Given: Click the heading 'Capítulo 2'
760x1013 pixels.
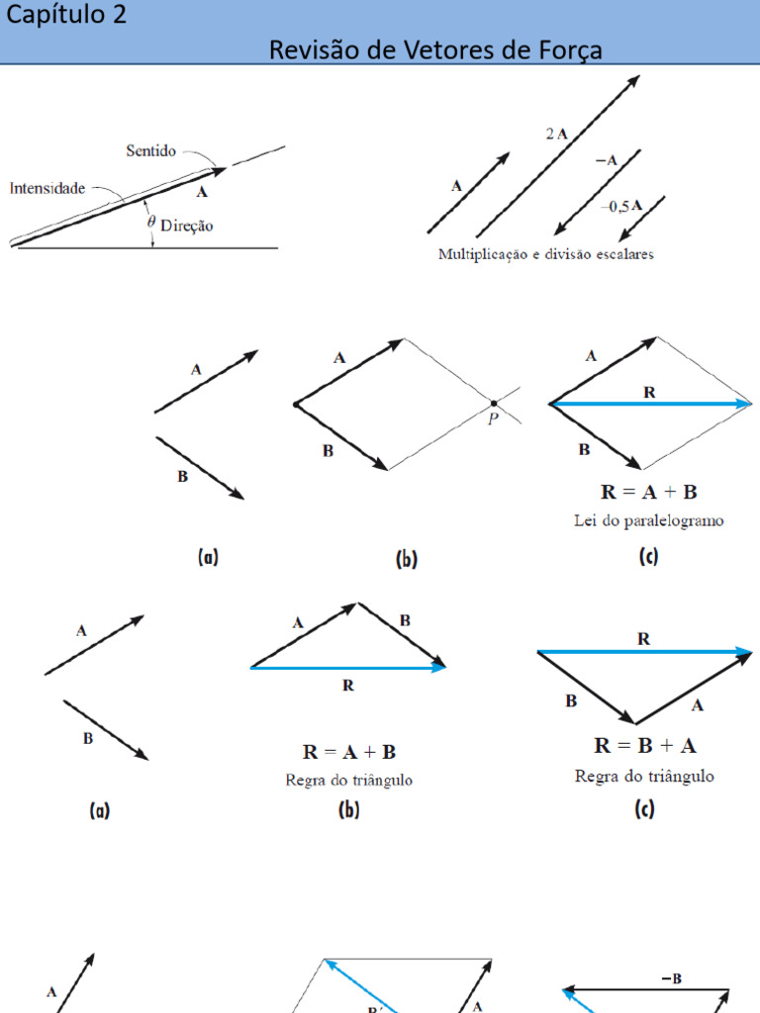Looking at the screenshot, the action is click(x=66, y=14).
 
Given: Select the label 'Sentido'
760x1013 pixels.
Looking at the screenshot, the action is click(x=150, y=150).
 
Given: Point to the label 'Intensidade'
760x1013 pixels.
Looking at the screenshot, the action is click(x=47, y=188).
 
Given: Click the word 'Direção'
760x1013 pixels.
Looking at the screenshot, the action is click(x=187, y=226).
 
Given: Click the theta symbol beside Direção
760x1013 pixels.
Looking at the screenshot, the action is click(x=151, y=223).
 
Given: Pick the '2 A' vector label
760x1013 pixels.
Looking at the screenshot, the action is click(x=556, y=134).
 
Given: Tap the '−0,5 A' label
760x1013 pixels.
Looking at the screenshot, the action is click(x=621, y=206).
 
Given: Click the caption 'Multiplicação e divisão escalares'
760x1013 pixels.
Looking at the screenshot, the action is click(x=546, y=254).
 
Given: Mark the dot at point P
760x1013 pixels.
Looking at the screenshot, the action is click(x=494, y=404).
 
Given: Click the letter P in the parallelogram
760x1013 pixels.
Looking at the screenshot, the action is click(x=493, y=418).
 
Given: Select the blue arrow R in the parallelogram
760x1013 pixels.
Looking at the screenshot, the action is click(x=649, y=404).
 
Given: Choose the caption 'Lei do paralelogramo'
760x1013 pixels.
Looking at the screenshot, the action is click(x=649, y=520).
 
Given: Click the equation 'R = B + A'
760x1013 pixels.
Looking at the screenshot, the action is click(x=645, y=746).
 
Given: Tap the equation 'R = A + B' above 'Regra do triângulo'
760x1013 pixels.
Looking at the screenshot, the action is click(x=349, y=752).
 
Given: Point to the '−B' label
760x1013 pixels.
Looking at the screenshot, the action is click(x=672, y=978).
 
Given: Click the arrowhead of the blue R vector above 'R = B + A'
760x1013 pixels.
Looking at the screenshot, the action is click(x=744, y=652).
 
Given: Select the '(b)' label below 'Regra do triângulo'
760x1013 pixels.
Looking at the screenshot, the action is click(x=349, y=809).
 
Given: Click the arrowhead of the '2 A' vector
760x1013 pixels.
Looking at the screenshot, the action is click(x=633, y=82).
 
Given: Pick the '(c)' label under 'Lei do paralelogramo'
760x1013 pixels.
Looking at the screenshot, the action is click(x=648, y=556).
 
